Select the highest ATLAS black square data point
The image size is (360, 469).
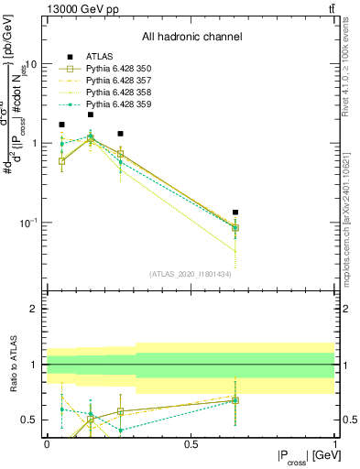coord(91,115)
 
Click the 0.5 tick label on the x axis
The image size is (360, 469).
coord(191,442)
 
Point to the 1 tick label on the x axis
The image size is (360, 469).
coord(333,442)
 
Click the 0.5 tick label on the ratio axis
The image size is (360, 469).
coord(30,420)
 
